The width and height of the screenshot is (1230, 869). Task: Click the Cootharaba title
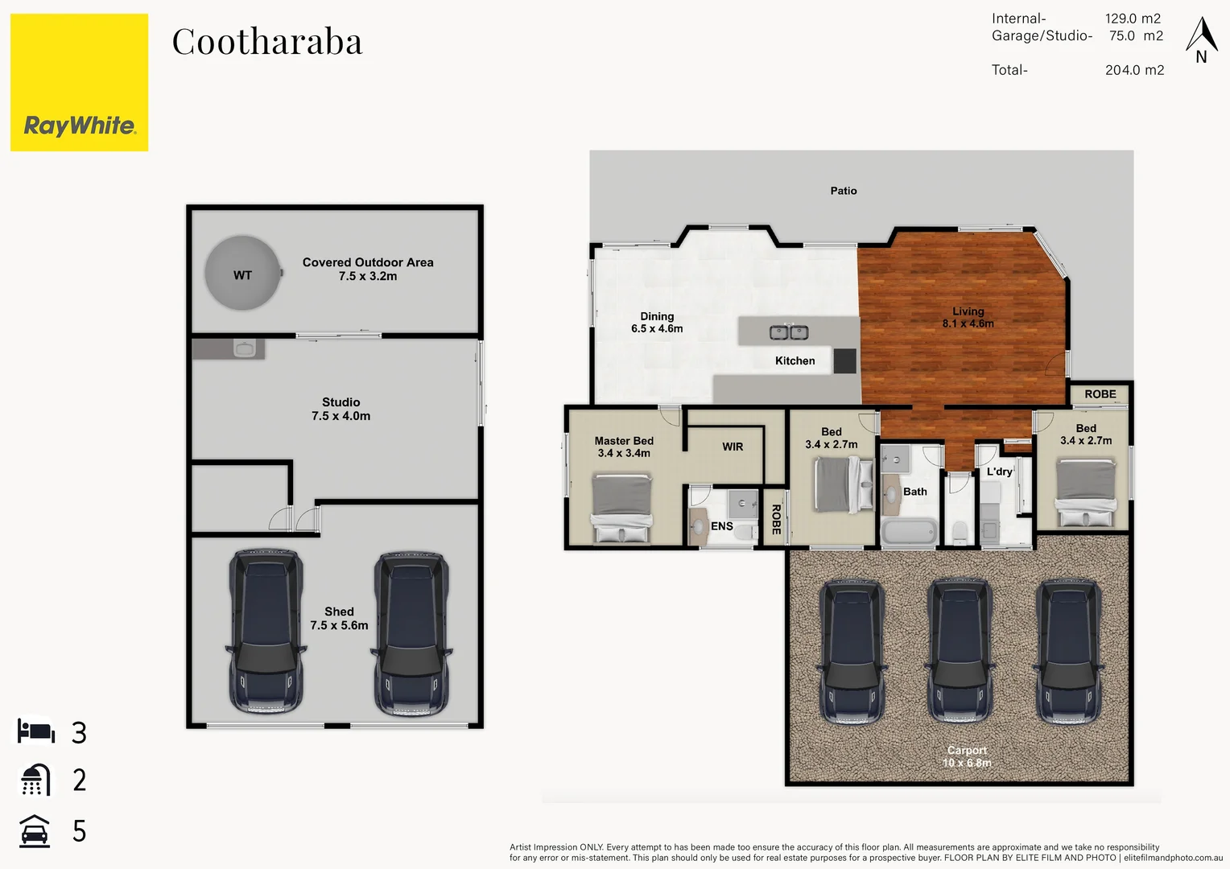click(x=267, y=42)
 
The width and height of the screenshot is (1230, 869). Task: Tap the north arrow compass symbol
click(x=1201, y=39)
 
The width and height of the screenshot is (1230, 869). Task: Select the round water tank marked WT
click(x=242, y=274)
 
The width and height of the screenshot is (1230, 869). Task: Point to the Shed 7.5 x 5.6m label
click(x=339, y=618)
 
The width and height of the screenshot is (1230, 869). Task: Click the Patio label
click(x=844, y=191)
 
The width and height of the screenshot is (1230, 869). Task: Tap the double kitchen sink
click(x=789, y=332)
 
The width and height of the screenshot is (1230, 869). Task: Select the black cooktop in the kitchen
click(x=844, y=360)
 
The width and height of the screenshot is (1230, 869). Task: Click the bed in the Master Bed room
click(x=621, y=508)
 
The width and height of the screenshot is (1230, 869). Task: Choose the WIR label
click(x=733, y=447)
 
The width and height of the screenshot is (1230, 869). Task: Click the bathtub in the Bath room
click(x=909, y=532)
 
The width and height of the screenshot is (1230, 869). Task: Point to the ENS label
click(x=722, y=526)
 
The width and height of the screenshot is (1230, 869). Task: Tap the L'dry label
click(x=1000, y=472)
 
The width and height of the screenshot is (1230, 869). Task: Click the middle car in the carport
click(x=960, y=651)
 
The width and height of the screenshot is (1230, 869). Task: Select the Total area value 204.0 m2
click(x=1134, y=70)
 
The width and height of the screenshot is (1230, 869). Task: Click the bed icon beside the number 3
click(x=36, y=731)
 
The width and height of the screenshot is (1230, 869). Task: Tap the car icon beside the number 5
click(x=34, y=831)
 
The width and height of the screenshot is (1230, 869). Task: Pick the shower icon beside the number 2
click(x=35, y=780)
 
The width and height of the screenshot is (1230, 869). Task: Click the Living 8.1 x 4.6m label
click(x=968, y=317)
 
